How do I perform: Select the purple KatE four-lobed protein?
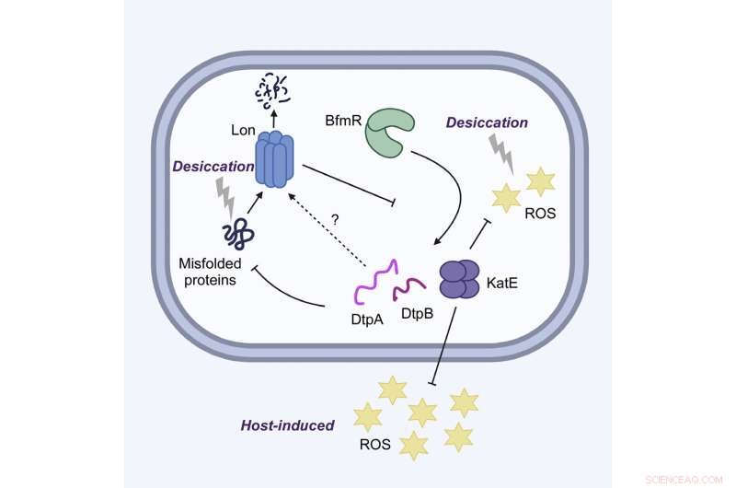459,278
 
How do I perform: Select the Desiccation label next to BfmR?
488,122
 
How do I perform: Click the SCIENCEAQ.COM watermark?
688,478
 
